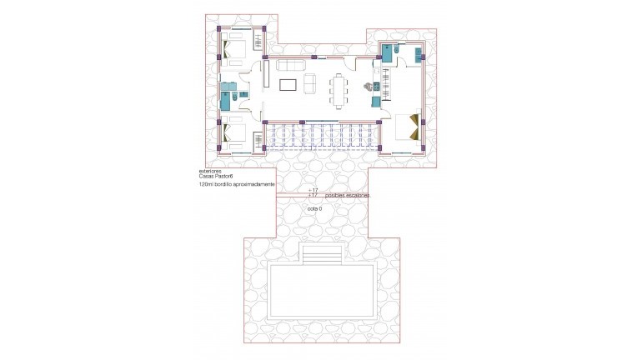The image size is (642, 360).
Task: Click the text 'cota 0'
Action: click(x=314, y=208)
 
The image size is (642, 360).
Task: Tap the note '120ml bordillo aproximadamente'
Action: click(x=237, y=185)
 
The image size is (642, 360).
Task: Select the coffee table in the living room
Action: click(x=288, y=83)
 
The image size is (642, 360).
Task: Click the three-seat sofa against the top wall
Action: click(x=291, y=64)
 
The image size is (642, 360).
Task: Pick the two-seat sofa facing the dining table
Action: click(x=309, y=83)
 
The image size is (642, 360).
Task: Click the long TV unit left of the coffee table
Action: click(x=267, y=76)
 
